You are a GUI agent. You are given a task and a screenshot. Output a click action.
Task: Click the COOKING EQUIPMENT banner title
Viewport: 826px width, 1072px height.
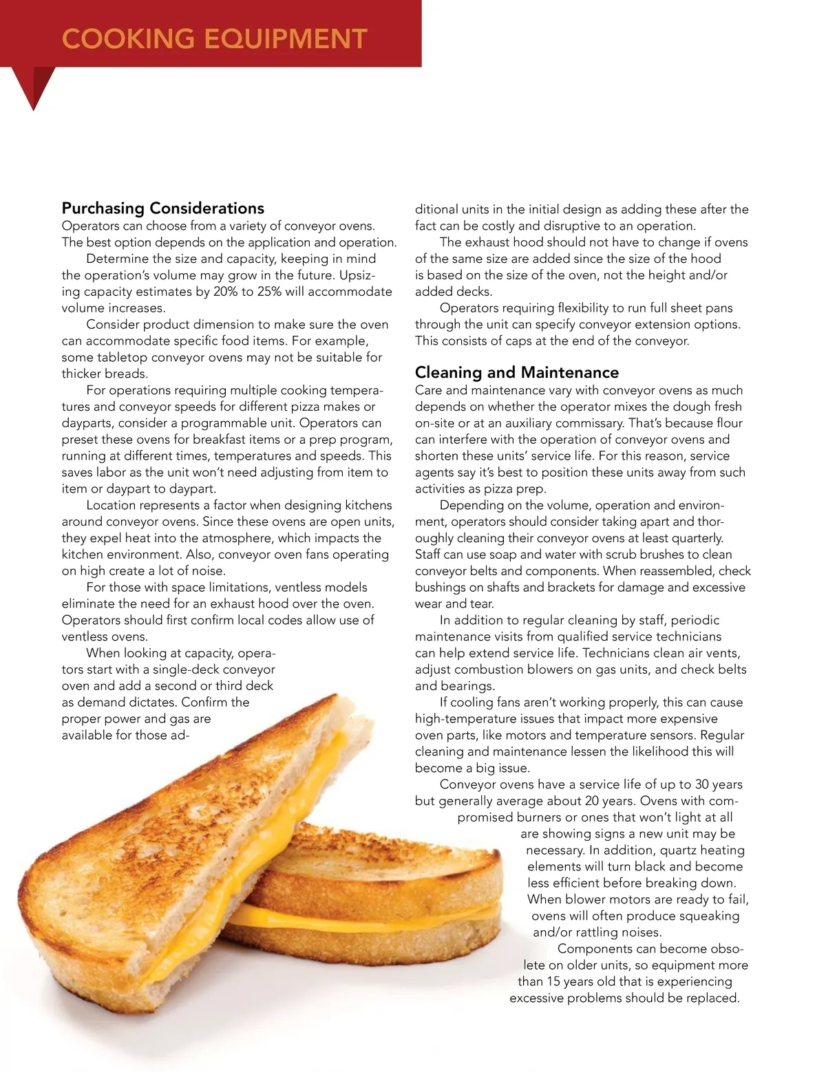[x=214, y=39]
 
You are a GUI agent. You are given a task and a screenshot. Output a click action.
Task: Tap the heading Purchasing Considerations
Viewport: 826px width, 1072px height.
[x=163, y=208]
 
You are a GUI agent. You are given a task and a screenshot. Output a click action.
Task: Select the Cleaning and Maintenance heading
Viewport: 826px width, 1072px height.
[x=516, y=372]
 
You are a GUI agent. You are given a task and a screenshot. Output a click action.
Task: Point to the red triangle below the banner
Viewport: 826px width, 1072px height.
[x=34, y=86]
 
